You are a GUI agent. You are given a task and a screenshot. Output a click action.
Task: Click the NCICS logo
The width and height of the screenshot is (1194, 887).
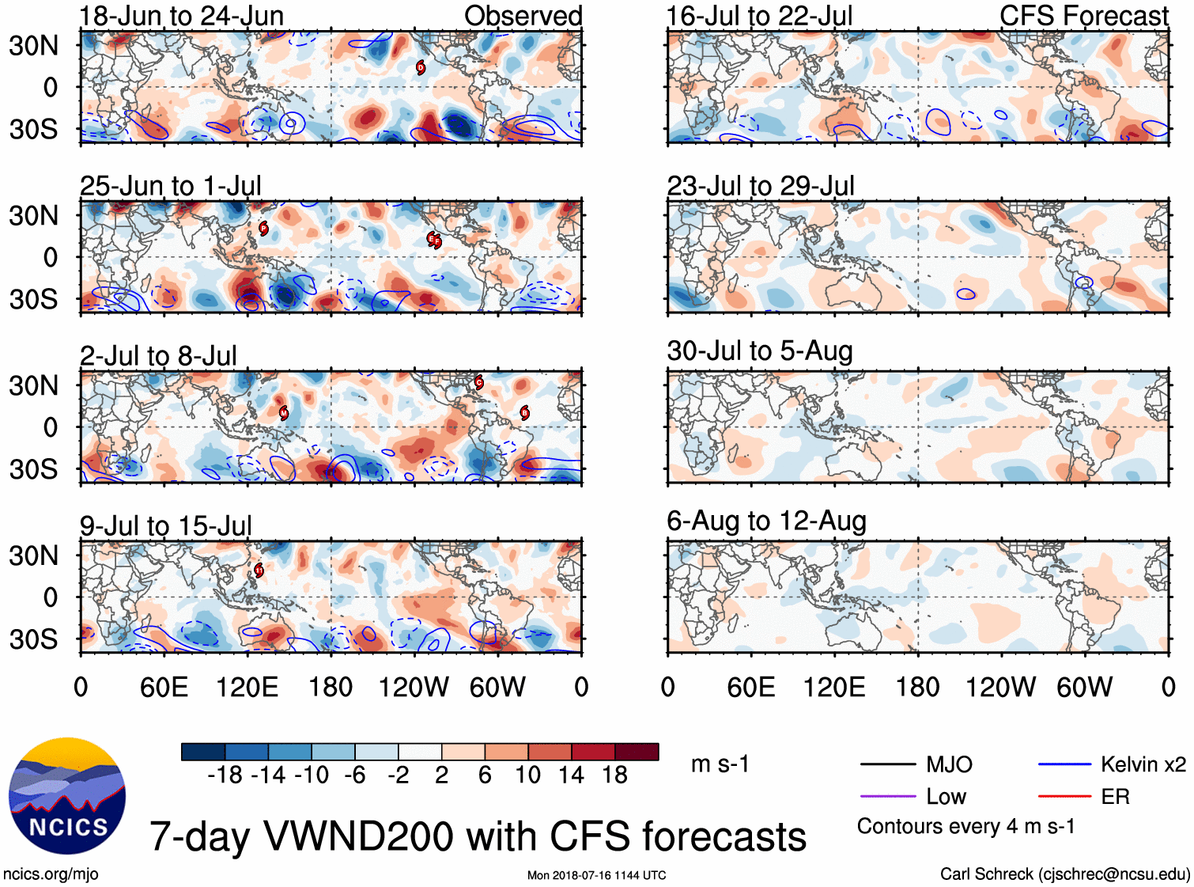tap(67, 796)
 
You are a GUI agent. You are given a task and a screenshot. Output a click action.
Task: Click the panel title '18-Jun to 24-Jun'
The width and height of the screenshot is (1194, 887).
tap(181, 16)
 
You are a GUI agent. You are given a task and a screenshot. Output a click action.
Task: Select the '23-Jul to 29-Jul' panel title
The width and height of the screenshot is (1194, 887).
tap(760, 186)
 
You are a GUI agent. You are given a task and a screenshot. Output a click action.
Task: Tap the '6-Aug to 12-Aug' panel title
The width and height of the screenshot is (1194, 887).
tap(766, 521)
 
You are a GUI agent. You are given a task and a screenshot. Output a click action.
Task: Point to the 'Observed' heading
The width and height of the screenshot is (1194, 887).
tap(523, 16)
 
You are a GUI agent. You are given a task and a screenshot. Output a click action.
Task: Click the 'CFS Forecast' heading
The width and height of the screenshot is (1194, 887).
tap(1083, 16)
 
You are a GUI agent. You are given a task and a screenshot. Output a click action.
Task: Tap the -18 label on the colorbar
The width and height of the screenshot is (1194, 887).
tap(225, 775)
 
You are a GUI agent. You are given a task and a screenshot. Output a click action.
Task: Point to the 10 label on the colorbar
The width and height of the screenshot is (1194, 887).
tap(527, 775)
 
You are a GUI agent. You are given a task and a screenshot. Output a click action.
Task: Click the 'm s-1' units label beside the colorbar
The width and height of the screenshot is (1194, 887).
tap(720, 764)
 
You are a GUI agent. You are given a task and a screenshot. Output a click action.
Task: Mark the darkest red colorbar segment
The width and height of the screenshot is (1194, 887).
tap(637, 752)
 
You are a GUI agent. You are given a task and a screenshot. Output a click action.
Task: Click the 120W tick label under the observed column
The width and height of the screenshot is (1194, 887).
tap(414, 687)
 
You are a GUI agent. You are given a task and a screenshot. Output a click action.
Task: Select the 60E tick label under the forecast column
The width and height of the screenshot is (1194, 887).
tap(751, 687)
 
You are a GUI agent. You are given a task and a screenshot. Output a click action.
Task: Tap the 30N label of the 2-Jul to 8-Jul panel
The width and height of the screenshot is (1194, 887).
tap(33, 385)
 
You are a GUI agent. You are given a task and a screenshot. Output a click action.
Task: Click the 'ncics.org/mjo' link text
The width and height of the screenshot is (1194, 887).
tap(51, 874)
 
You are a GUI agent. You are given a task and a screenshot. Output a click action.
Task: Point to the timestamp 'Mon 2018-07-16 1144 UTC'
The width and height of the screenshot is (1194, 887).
tap(596, 875)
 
